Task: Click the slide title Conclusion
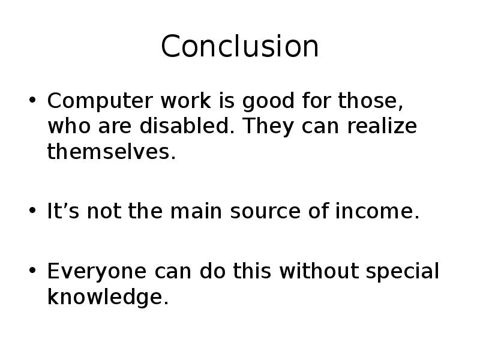pos(240,47)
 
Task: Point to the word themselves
pos(110,152)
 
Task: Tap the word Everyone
pos(91,272)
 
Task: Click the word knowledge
pos(104,297)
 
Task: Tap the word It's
pos(62,212)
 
